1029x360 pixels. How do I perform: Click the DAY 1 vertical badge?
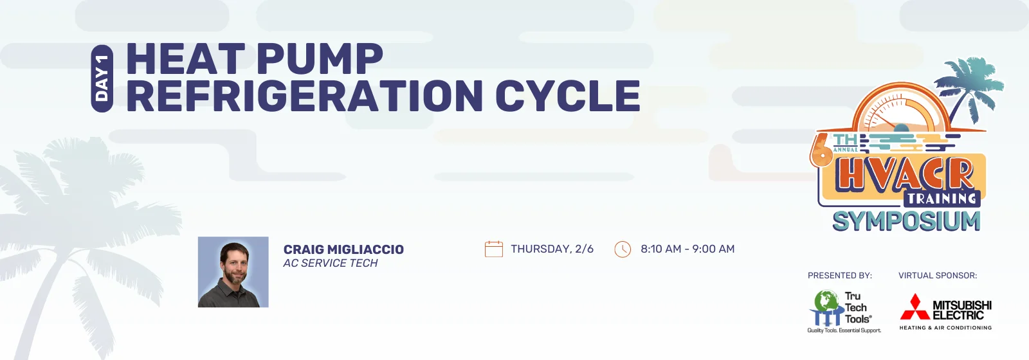[x=102, y=78]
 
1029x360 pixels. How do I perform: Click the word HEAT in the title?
[x=185, y=59]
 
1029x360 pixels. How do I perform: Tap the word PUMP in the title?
[x=319, y=59]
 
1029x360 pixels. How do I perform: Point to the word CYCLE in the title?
[x=567, y=96]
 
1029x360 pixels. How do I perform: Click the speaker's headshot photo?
[x=233, y=272]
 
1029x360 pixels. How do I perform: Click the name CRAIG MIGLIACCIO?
[x=343, y=249]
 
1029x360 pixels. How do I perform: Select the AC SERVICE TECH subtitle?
[x=331, y=263]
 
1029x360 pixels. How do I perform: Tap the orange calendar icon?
[x=494, y=249]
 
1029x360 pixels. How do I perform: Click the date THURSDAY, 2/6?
[x=552, y=249]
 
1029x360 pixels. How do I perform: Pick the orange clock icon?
[x=623, y=249]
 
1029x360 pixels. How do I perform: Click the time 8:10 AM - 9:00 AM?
[x=688, y=249]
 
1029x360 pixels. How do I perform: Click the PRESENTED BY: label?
[x=840, y=276]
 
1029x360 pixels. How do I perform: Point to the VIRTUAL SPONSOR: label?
[x=938, y=276]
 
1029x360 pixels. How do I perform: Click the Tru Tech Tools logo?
[x=844, y=311]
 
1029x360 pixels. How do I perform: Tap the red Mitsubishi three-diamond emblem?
[x=915, y=307]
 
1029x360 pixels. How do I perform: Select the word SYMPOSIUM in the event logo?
[x=906, y=221]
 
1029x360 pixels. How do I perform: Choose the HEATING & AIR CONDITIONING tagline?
[x=945, y=328]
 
